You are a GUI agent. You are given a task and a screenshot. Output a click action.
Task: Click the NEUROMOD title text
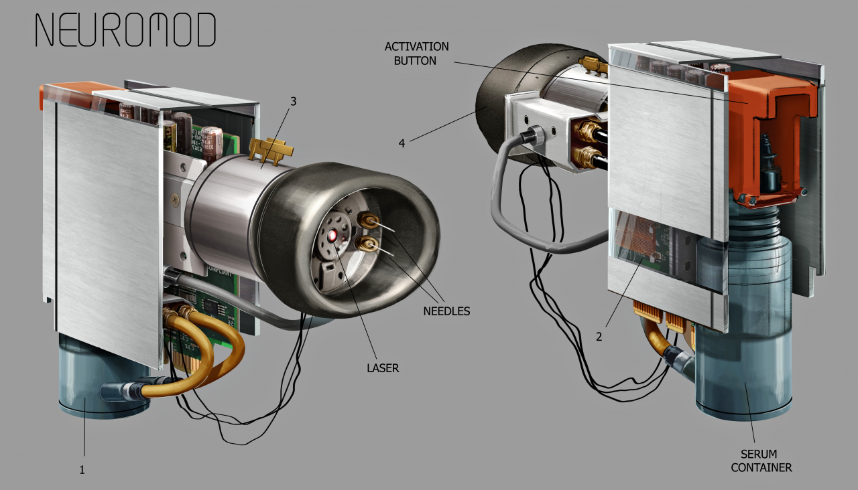(125, 29)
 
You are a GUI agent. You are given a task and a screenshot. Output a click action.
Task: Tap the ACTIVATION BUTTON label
(416, 54)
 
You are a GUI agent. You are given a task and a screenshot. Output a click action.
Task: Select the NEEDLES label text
(446, 311)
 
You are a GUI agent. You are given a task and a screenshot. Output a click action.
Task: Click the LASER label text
(383, 368)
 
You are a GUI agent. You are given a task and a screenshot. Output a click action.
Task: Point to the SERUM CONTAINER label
(761, 461)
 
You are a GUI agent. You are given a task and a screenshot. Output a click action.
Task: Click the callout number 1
(82, 470)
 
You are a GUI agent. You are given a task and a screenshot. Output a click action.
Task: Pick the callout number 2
(599, 337)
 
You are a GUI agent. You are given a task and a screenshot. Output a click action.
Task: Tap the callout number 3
(293, 101)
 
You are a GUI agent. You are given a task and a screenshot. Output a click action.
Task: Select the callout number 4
(402, 143)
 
